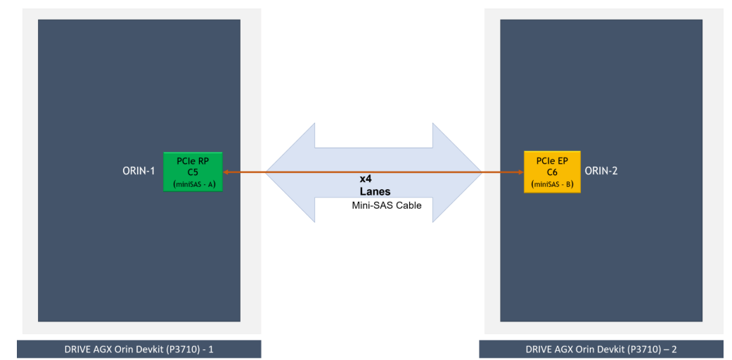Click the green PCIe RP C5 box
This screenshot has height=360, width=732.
192,172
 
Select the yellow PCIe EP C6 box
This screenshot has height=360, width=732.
552,172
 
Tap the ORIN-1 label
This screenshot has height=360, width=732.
139,170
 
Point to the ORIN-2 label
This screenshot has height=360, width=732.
601,170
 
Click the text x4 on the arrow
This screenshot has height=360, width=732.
366,179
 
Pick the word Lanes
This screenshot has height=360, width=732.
375,191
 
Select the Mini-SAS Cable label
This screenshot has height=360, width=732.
386,205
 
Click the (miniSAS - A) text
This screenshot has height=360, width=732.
193,184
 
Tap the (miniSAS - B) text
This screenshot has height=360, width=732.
553,184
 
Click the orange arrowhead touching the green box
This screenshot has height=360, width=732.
226,172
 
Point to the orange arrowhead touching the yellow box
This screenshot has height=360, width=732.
520,172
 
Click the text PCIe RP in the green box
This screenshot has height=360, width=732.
193,160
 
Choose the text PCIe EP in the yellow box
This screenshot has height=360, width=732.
552,160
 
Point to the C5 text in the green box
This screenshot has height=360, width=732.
193,172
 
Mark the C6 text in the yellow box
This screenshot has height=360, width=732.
552,172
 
